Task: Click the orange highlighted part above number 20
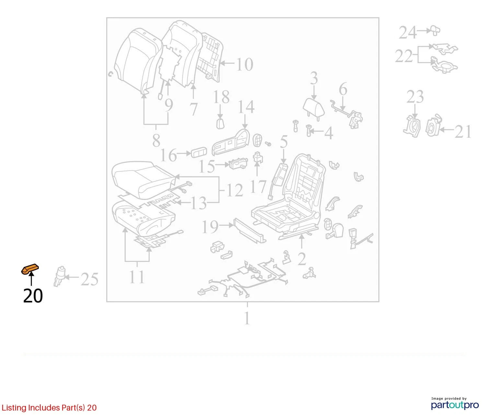[30, 269]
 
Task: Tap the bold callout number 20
[33, 296]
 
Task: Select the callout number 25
[89, 279]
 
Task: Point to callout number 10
[245, 64]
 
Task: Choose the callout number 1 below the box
[247, 318]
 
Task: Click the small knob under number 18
[220, 123]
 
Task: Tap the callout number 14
[246, 107]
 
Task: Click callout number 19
[210, 227]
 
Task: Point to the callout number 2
[302, 259]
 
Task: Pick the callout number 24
[408, 32]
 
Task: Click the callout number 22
[404, 56]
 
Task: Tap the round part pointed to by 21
[433, 126]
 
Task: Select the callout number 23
[415, 96]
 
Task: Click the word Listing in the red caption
[14, 408]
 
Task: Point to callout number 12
[235, 190]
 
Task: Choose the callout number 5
[284, 142]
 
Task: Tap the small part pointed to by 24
[435, 30]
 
